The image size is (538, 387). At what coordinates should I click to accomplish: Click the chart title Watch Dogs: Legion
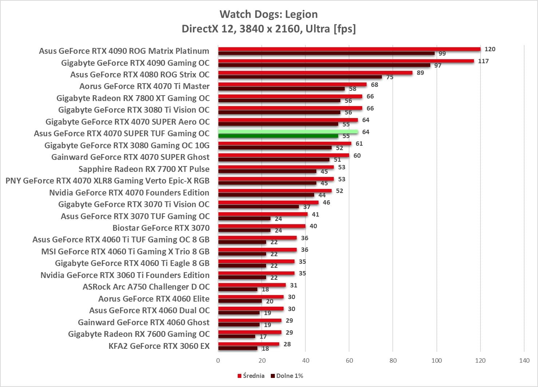pos(269,14)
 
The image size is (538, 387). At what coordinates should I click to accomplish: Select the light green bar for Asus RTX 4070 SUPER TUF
pos(288,132)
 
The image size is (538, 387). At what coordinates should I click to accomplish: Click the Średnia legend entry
pos(251,376)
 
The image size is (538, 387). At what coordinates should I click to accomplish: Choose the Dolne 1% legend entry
pos(287,376)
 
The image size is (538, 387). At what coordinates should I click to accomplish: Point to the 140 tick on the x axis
pos(524,360)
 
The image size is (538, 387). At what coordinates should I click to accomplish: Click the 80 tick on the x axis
pos(393,360)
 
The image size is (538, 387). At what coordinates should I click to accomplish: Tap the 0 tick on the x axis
pos(218,360)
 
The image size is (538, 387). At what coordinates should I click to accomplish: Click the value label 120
pos(490,49)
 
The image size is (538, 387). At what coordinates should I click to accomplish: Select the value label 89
pos(420,73)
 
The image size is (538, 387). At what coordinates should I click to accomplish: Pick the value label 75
pos(390,77)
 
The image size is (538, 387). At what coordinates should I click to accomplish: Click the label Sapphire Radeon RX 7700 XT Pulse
pos(144,169)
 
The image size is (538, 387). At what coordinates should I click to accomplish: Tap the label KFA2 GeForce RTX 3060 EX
pos(159,346)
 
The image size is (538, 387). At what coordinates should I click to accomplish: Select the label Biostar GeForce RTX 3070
pos(161,228)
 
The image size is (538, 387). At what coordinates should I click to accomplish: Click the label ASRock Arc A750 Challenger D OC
pos(146,287)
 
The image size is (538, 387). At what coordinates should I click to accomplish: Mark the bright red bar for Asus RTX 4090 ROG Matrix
pos(349,49)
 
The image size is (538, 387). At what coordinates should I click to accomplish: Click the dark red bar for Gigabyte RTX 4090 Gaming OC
pos(324,65)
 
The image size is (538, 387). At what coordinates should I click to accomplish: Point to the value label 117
pos(483,61)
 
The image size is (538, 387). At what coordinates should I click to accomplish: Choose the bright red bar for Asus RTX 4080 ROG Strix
pos(315,73)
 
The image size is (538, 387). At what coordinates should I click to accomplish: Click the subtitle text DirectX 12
pos(207,28)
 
